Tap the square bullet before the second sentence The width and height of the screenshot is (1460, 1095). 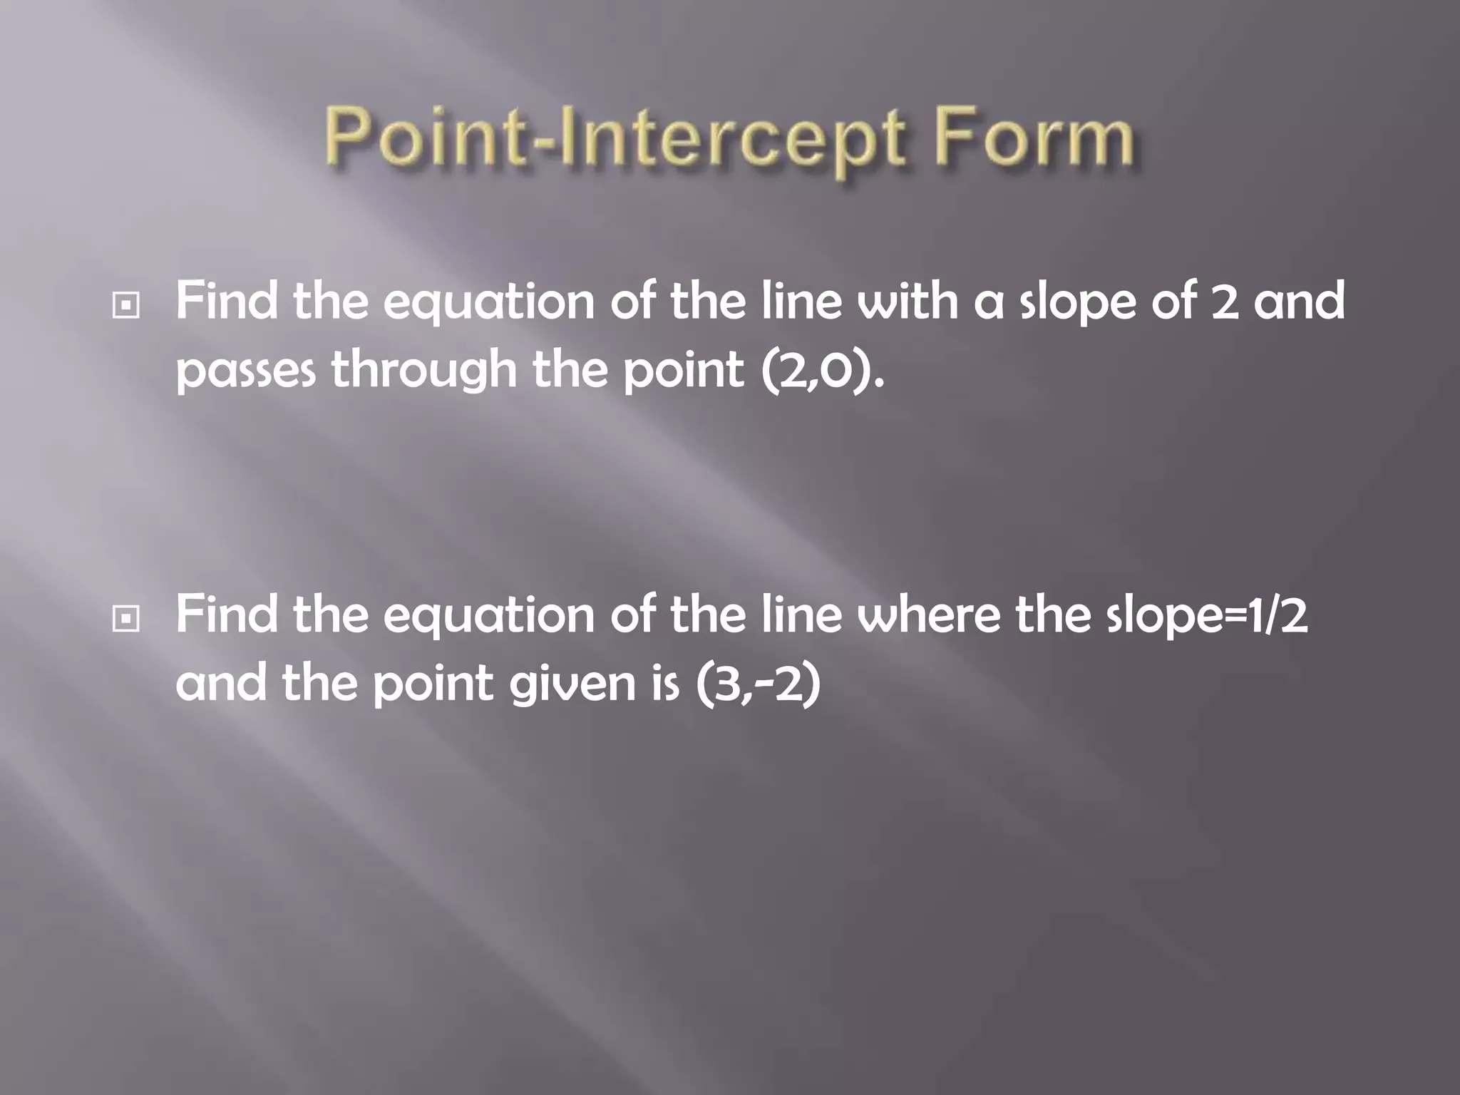click(126, 620)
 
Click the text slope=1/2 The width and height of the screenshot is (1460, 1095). click(1207, 616)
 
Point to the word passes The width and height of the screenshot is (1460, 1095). click(245, 372)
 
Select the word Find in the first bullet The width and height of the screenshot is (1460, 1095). click(226, 301)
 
